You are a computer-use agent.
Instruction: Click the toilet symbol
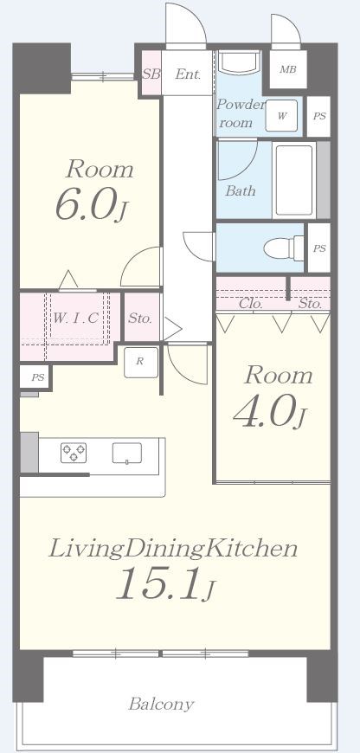click(284, 248)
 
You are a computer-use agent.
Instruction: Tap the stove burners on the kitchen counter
click(74, 453)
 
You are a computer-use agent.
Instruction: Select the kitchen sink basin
click(127, 454)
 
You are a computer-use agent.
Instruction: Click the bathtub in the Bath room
click(293, 180)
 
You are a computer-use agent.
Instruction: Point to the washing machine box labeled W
click(282, 116)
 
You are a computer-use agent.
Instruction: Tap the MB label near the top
click(288, 69)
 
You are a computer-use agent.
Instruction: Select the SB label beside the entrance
click(151, 74)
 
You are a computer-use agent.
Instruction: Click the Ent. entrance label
click(188, 74)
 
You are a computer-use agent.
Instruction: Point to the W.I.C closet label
click(76, 318)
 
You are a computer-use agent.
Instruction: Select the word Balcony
click(161, 705)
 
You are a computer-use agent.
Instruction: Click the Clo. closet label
click(251, 304)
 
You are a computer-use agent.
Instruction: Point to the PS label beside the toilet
click(319, 248)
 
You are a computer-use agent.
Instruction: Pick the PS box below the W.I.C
click(36, 377)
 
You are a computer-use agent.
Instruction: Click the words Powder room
click(241, 113)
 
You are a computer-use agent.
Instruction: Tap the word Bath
click(241, 191)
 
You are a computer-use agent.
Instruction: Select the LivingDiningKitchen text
click(173, 550)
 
